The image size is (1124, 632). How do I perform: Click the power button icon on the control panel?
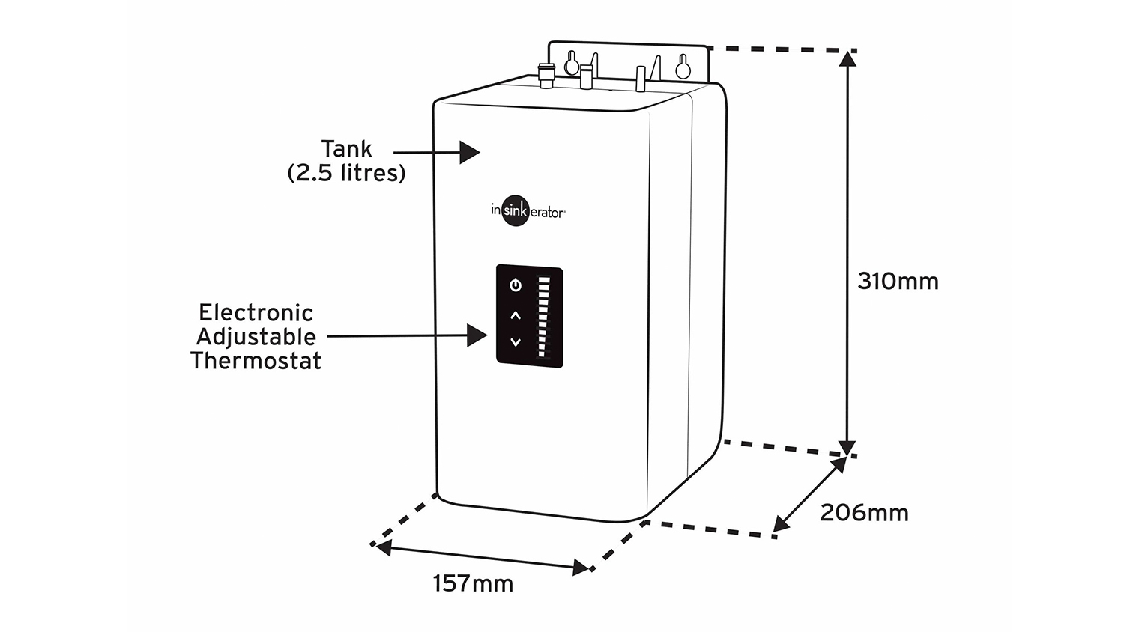(x=515, y=285)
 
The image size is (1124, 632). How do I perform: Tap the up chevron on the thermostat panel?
(x=515, y=315)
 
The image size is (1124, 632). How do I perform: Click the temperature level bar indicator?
(x=543, y=318)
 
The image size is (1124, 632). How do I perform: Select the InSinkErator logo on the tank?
(x=527, y=212)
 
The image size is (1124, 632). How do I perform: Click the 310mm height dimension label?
(x=898, y=282)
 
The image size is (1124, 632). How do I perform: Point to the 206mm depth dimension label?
(x=864, y=513)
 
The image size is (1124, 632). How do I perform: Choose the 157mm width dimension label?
(x=473, y=583)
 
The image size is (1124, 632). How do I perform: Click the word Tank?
(x=346, y=149)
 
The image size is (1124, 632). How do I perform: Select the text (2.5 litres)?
(x=346, y=173)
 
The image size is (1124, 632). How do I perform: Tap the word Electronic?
(x=256, y=312)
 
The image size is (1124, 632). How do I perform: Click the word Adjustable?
(x=256, y=336)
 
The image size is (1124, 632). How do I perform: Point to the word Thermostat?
(x=256, y=360)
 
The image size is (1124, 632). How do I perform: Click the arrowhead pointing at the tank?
(x=470, y=152)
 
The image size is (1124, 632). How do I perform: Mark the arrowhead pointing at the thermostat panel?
(x=477, y=335)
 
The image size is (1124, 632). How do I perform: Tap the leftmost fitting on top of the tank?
(x=546, y=75)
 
